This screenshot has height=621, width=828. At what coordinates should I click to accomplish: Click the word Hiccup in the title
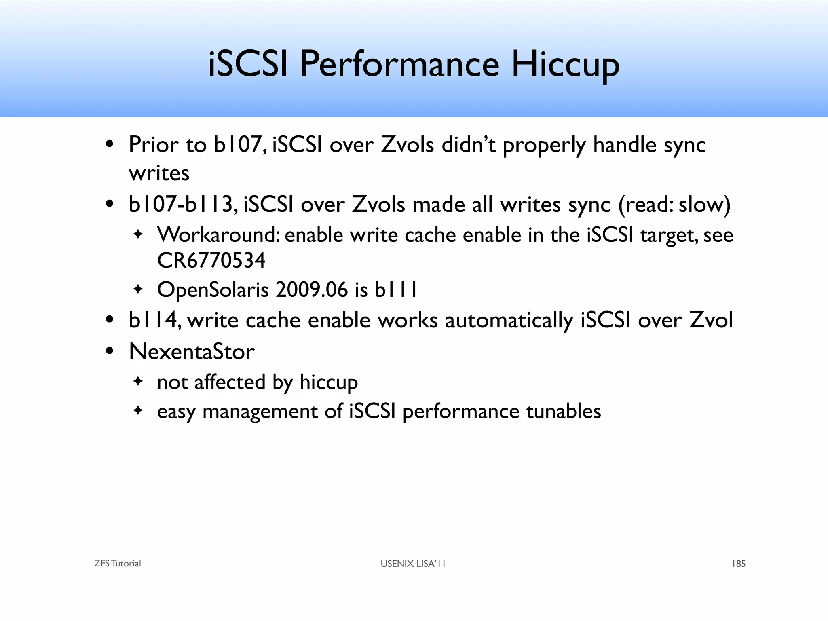[x=565, y=65]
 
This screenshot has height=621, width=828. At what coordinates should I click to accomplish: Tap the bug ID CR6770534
[x=211, y=260]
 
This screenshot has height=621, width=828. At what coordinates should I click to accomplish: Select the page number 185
[x=738, y=564]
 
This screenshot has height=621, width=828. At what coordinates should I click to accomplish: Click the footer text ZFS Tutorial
[x=118, y=564]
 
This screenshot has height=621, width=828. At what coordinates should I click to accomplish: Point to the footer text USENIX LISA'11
[x=413, y=564]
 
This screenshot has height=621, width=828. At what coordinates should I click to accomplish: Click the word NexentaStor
[x=192, y=351]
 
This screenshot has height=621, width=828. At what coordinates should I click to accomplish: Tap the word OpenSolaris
[x=213, y=290]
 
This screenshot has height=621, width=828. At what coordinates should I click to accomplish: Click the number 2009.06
[x=311, y=290]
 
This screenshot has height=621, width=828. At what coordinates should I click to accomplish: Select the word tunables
[x=563, y=412]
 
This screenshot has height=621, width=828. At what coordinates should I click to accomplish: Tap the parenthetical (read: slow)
[x=674, y=205]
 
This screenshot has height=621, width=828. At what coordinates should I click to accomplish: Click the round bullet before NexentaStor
[x=109, y=351]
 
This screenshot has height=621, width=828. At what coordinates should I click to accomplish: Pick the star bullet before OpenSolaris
[x=138, y=289]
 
